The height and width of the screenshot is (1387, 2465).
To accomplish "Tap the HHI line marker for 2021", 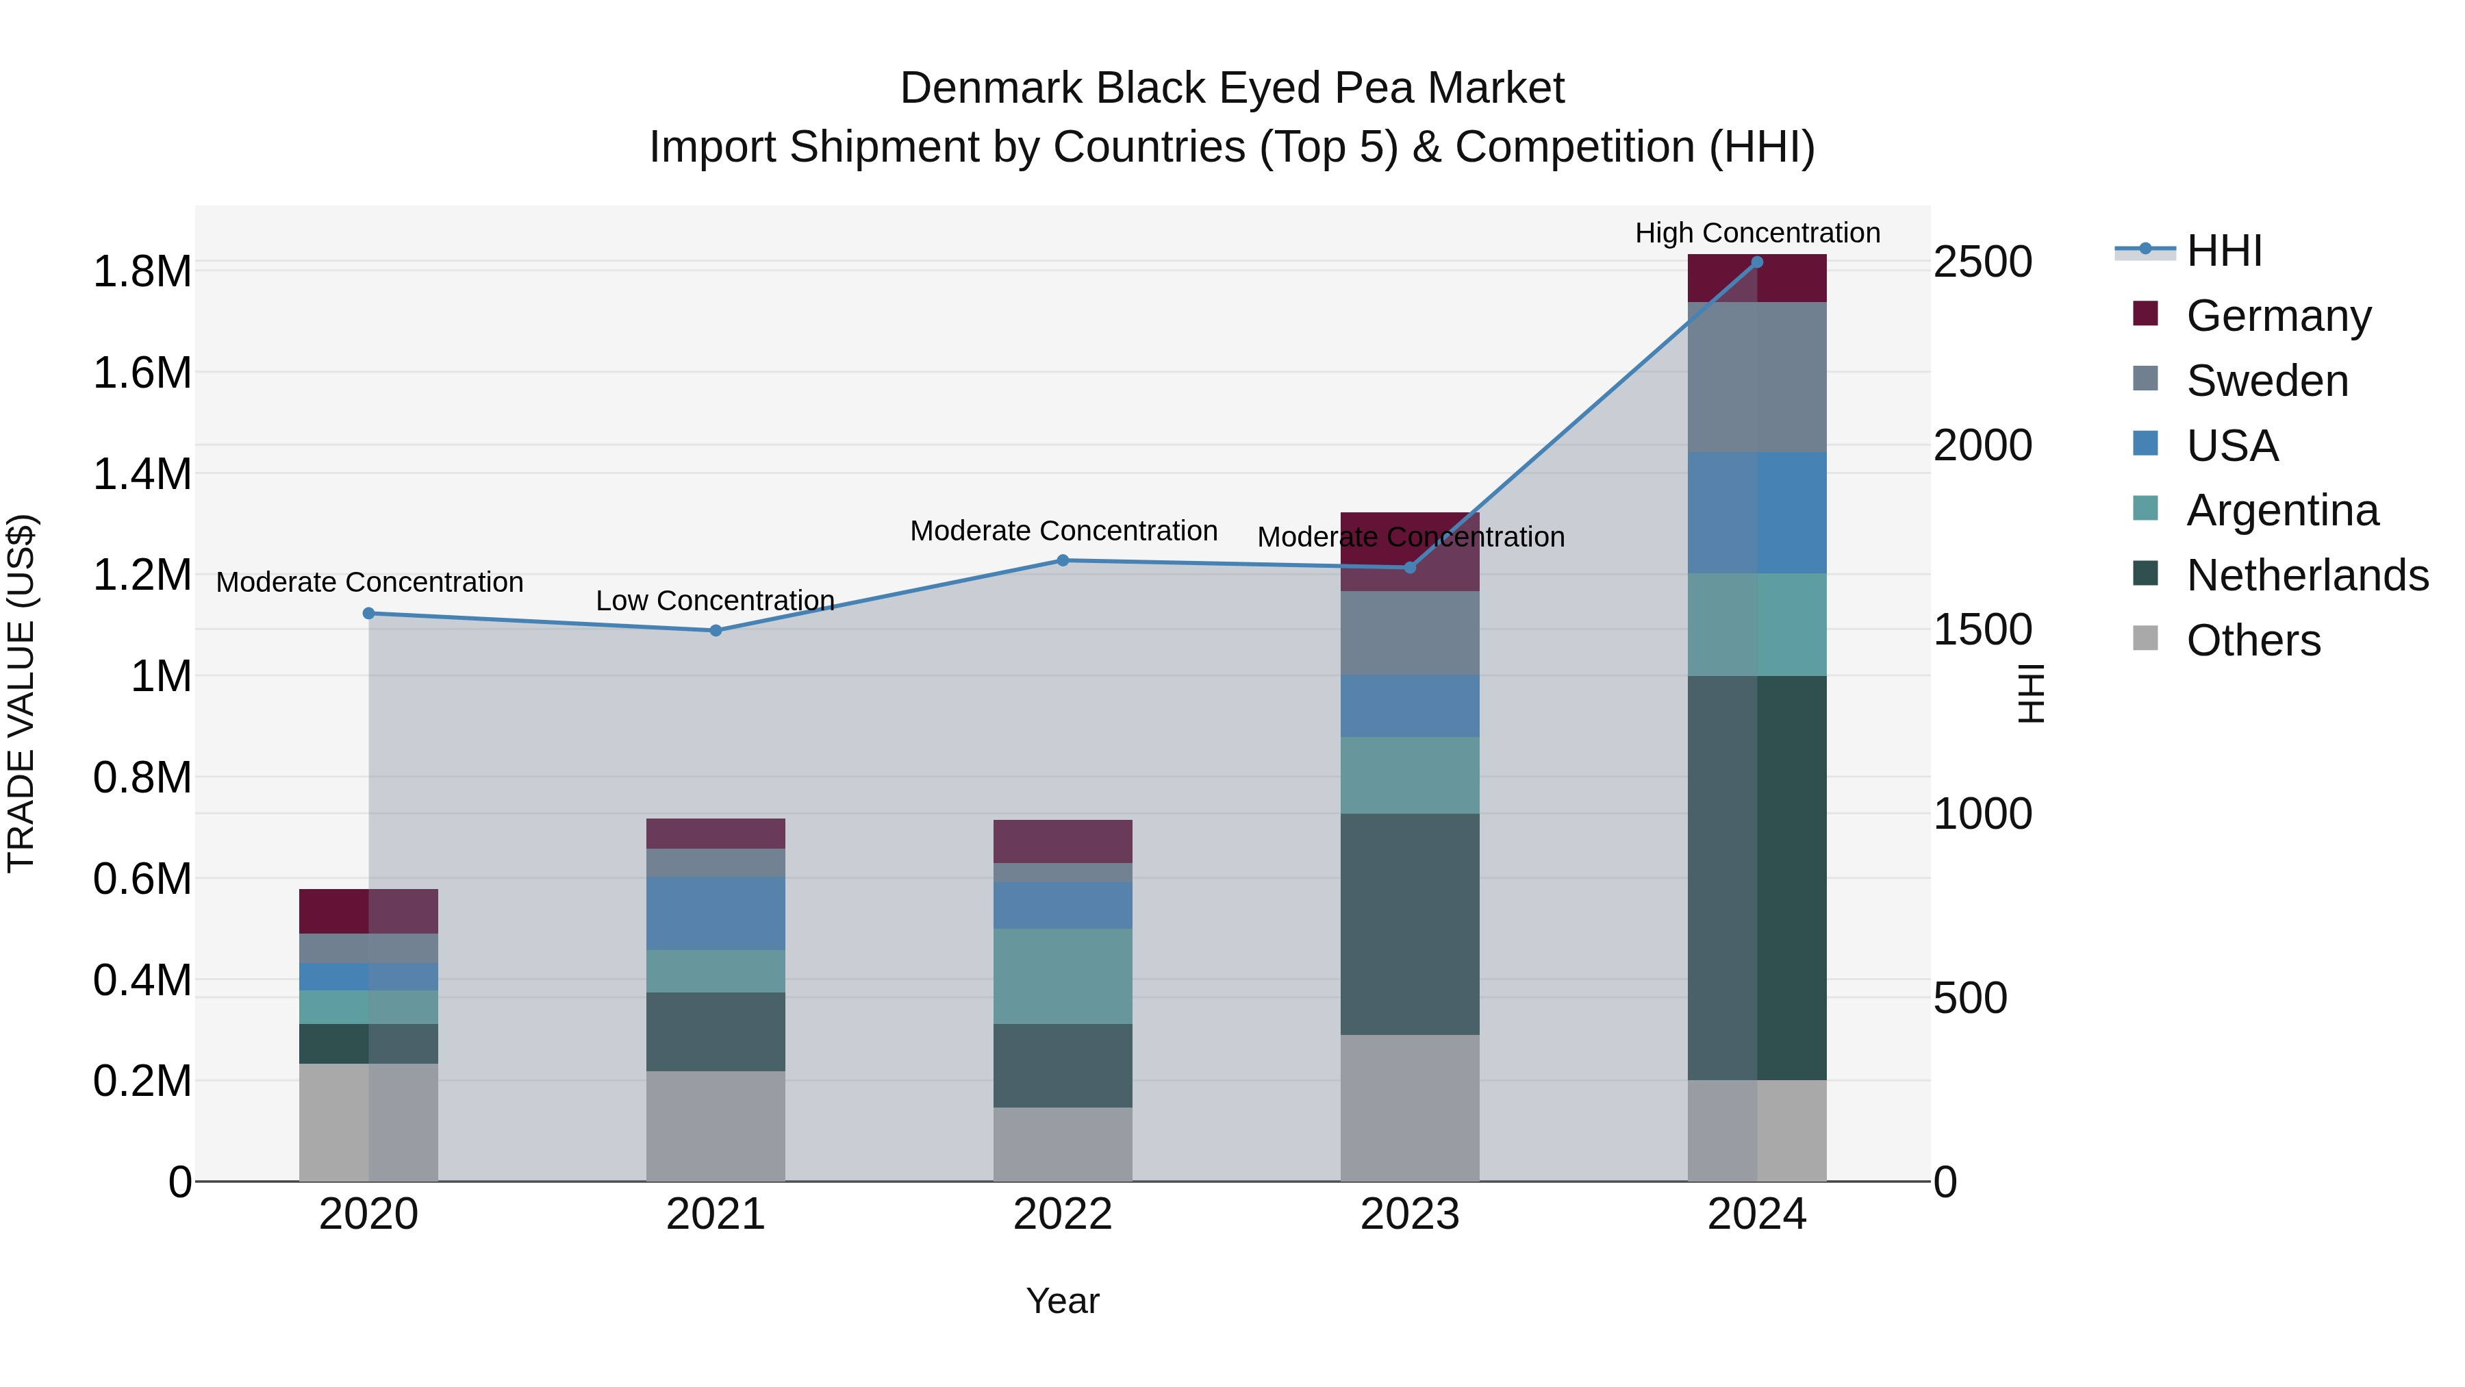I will pyautogui.click(x=715, y=631).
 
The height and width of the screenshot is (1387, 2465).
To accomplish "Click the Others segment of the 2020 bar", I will pyautogui.click(x=368, y=1122).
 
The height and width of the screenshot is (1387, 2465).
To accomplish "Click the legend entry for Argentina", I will pyautogui.click(x=2281, y=510).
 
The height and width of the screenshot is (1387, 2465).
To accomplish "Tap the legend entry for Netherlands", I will pyautogui.click(x=2306, y=575).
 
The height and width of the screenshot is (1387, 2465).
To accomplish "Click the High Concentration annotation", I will pyautogui.click(x=1757, y=233).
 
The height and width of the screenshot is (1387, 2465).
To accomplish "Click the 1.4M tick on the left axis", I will pyautogui.click(x=142, y=475).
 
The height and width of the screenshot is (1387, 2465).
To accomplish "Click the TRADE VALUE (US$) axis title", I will pyautogui.click(x=21, y=693).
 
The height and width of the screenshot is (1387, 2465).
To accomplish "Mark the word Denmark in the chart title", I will pyautogui.click(x=991, y=88).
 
